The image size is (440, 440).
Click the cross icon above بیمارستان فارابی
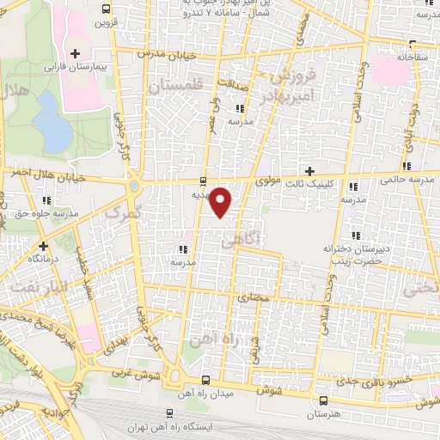coord(76,52)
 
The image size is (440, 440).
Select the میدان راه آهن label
coord(204,394)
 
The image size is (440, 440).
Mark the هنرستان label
coord(323,413)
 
